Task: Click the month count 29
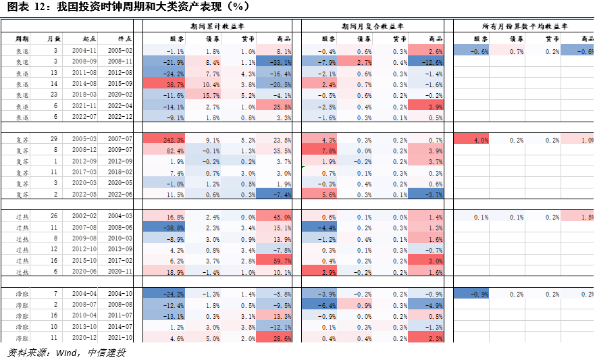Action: click(55, 140)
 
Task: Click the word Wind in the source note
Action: click(65, 353)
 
